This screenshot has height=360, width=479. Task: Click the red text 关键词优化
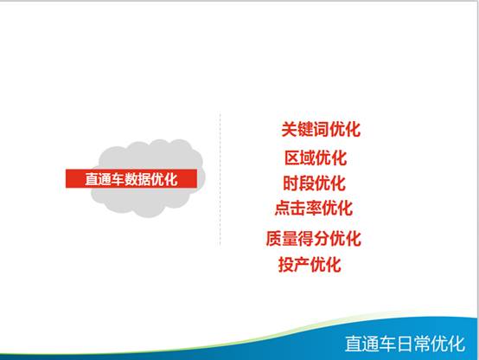tap(321, 129)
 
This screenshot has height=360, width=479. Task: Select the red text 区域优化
tap(316, 157)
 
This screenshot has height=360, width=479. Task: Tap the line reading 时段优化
tap(315, 183)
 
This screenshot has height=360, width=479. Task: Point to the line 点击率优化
tap(314, 208)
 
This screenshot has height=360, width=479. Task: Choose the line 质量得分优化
tap(314, 238)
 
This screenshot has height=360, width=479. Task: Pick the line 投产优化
tap(310, 264)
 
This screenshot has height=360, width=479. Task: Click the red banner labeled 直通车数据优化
tap(131, 178)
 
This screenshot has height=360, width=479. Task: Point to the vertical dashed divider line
tap(220, 179)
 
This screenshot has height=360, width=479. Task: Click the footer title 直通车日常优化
tap(405, 344)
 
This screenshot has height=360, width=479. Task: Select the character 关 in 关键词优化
tap(289, 129)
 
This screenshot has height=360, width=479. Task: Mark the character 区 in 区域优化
tap(292, 157)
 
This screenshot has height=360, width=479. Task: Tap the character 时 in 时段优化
tap(291, 183)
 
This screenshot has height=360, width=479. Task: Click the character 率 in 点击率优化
tap(314, 208)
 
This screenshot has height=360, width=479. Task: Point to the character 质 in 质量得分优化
tap(274, 238)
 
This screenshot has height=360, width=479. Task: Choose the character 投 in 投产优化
tap(286, 264)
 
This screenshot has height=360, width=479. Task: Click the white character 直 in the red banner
tap(92, 179)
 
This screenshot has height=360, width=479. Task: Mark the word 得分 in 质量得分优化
tap(314, 238)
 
